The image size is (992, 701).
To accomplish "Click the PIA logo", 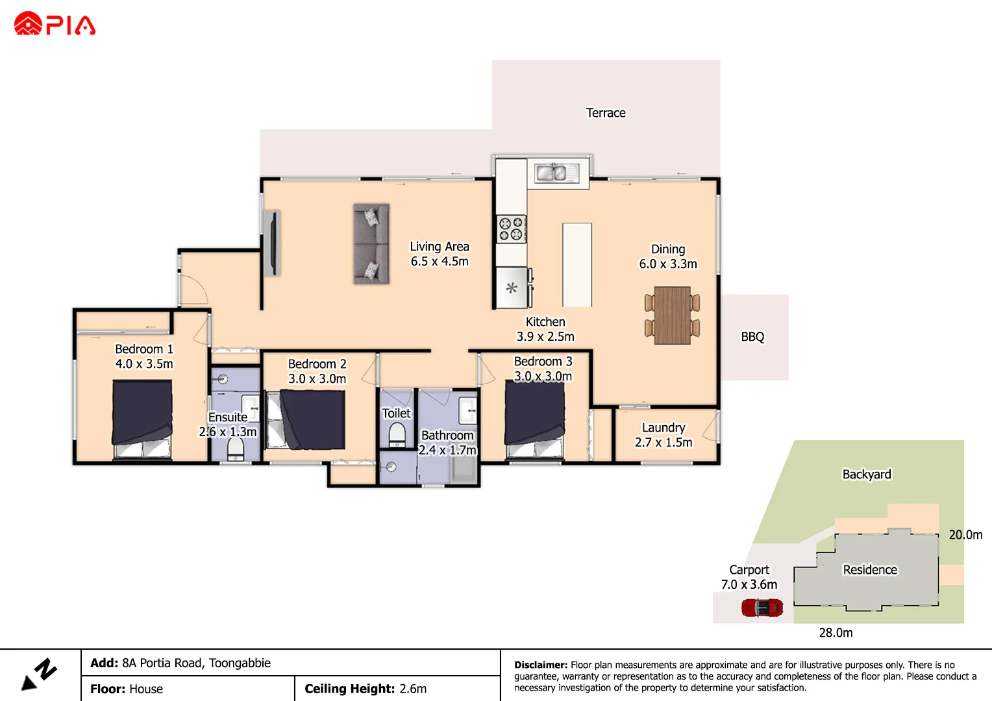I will tap(55, 25).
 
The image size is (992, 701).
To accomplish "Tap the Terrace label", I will tap(605, 113).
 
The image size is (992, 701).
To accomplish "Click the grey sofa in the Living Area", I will tap(371, 244).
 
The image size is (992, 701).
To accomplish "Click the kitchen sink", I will tap(551, 173).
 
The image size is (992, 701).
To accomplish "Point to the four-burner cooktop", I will tap(511, 228).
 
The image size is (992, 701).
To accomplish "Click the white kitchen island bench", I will tap(577, 265).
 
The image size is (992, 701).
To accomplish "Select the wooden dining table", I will tap(672, 315).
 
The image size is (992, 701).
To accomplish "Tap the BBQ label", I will tap(752, 337).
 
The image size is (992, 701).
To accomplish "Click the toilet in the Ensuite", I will tap(235, 449).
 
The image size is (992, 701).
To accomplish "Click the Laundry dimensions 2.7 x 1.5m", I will tap(663, 443).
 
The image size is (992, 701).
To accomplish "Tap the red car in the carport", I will tap(762, 608).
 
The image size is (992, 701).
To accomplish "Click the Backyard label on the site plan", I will tap(866, 474).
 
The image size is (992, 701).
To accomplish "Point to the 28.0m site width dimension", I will tap(836, 633).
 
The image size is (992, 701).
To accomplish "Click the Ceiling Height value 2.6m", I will tap(413, 689).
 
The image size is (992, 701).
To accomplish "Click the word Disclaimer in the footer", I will tap(540, 665).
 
